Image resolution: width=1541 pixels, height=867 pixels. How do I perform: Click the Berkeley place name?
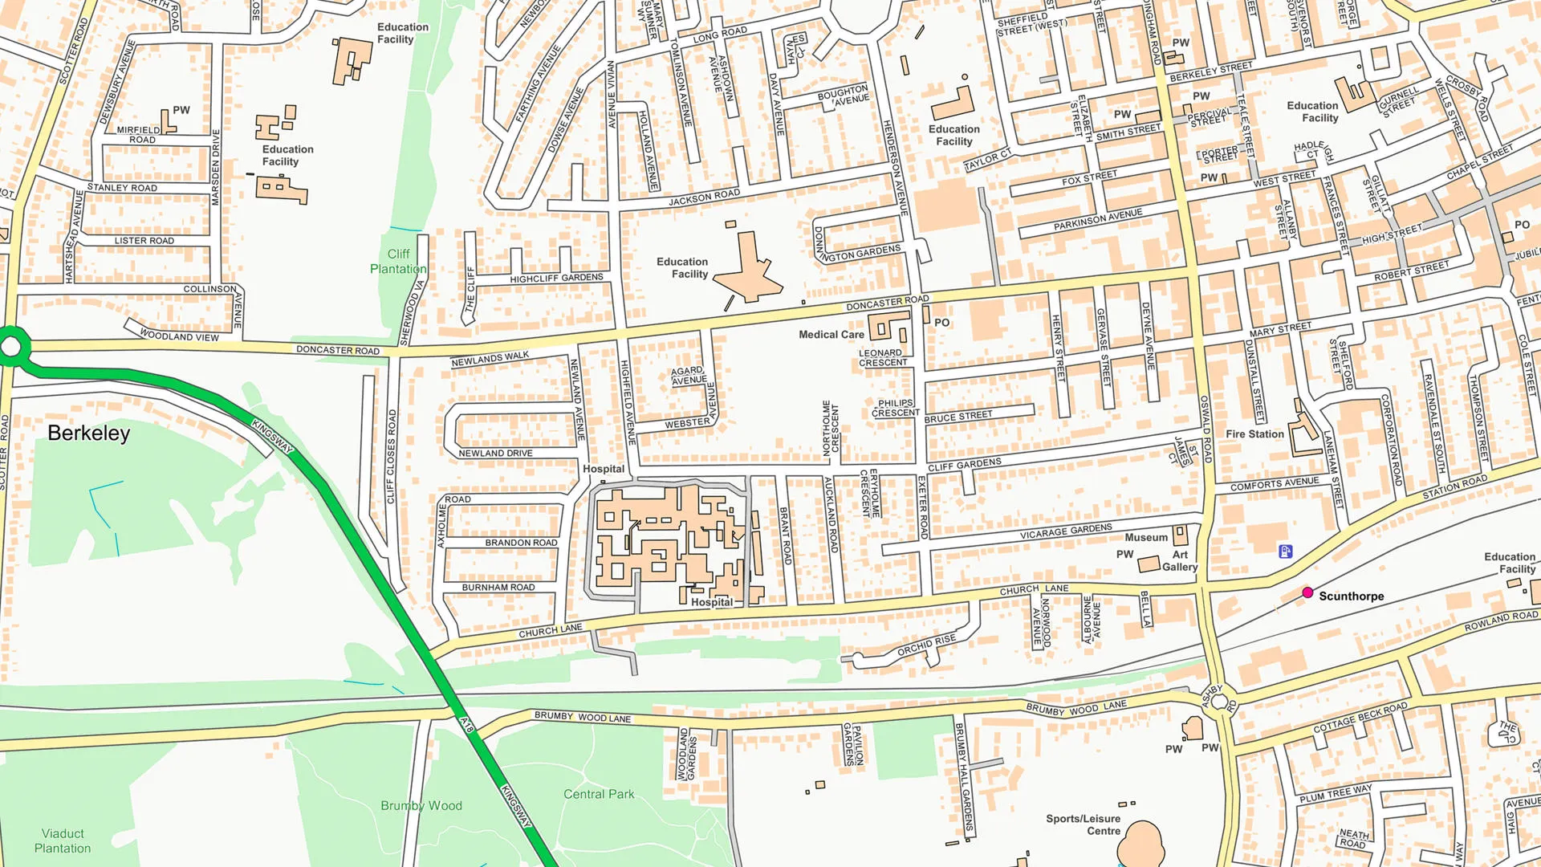tap(88, 433)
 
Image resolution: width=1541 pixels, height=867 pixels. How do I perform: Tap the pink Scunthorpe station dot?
tap(1307, 592)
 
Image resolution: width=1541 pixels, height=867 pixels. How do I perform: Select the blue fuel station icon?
tap(1285, 551)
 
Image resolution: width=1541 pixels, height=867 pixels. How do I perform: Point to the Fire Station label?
tap(1254, 434)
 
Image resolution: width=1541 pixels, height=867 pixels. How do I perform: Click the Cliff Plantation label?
tap(398, 262)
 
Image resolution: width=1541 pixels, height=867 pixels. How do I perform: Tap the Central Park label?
tap(599, 794)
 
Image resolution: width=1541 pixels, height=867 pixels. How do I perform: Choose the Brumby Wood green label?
tap(421, 806)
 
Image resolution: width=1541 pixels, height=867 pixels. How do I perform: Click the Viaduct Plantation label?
tap(63, 841)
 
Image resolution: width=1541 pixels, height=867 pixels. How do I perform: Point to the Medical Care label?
tap(831, 335)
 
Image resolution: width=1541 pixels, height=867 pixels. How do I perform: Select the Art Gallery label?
tap(1180, 560)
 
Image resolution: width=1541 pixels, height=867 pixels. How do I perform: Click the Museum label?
tap(1146, 538)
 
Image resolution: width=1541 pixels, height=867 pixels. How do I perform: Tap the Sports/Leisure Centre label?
tap(1083, 824)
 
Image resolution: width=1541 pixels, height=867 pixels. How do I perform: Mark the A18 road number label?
tap(467, 725)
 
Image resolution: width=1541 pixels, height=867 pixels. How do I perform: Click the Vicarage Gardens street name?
tap(1066, 531)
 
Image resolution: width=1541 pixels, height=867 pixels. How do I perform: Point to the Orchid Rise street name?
tap(926, 645)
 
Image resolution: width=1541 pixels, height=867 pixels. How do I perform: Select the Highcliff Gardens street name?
tap(556, 279)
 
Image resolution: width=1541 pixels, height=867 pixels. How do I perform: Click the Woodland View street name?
tap(179, 336)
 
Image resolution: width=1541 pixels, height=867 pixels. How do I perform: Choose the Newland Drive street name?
tap(495, 454)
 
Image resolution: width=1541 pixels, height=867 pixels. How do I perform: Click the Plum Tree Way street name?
tap(1336, 794)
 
